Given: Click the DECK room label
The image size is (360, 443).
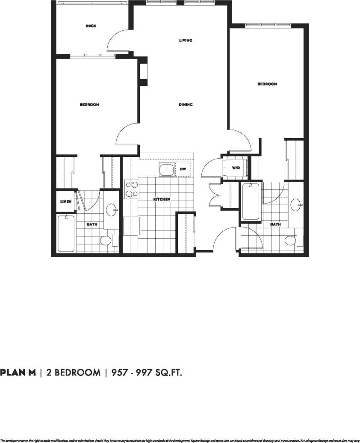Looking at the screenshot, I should [x=91, y=26].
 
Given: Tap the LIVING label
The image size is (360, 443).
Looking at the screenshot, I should [x=186, y=41].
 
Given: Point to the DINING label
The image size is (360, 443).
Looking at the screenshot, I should [x=186, y=105].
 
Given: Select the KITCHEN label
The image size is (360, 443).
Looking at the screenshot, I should [x=162, y=199].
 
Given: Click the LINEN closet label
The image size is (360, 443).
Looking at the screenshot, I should [x=65, y=201].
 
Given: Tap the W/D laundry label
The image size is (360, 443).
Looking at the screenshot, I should [x=236, y=168].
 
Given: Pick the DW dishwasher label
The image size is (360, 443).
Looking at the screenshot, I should [x=183, y=169].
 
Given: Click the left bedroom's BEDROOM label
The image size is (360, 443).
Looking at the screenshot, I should [x=89, y=105].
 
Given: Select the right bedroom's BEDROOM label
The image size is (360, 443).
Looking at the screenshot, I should [x=267, y=84].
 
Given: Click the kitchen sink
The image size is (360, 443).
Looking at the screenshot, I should [x=167, y=170].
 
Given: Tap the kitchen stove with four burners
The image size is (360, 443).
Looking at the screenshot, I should [x=131, y=189].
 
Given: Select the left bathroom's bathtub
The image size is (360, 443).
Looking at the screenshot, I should [x=66, y=233].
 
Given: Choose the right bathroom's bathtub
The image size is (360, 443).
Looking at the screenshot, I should [x=251, y=201].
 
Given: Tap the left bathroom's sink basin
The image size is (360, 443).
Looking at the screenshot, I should [x=112, y=210].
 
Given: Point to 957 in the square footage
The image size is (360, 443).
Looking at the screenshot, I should [x=120, y=372].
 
